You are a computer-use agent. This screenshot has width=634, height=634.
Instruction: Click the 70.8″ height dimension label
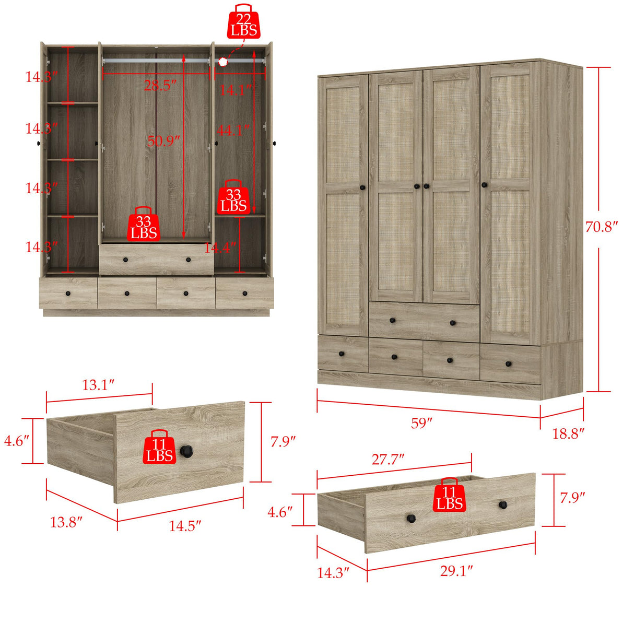click(601, 227)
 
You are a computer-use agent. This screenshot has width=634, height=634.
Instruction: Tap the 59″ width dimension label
click(421, 422)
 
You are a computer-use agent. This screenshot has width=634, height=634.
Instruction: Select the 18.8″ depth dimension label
click(568, 433)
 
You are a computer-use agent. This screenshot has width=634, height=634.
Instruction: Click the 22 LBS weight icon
click(243, 23)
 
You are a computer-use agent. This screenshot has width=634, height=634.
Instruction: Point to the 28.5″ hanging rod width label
click(160, 85)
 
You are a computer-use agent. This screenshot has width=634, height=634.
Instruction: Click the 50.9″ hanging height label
click(163, 141)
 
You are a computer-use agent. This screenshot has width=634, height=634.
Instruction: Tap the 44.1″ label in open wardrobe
click(233, 130)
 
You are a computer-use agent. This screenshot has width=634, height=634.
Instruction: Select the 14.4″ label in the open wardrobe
click(219, 248)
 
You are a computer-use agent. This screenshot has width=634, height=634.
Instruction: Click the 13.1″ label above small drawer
click(98, 385)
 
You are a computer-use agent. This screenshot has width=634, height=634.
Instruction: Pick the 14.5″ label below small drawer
click(185, 525)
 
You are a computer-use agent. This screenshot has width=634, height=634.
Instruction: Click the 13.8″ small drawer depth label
click(66, 521)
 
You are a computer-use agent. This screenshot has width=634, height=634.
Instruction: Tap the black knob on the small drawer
click(186, 451)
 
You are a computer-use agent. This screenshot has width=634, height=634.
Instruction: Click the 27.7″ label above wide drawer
click(388, 459)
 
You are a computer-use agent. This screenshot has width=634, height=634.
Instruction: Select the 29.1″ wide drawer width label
click(456, 570)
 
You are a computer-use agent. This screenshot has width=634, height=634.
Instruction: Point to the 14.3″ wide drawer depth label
click(333, 572)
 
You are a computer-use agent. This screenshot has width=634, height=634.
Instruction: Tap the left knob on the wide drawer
click(412, 518)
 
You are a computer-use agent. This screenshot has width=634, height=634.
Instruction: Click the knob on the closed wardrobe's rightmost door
click(484, 184)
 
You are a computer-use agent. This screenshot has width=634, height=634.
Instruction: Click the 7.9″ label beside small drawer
click(283, 441)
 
